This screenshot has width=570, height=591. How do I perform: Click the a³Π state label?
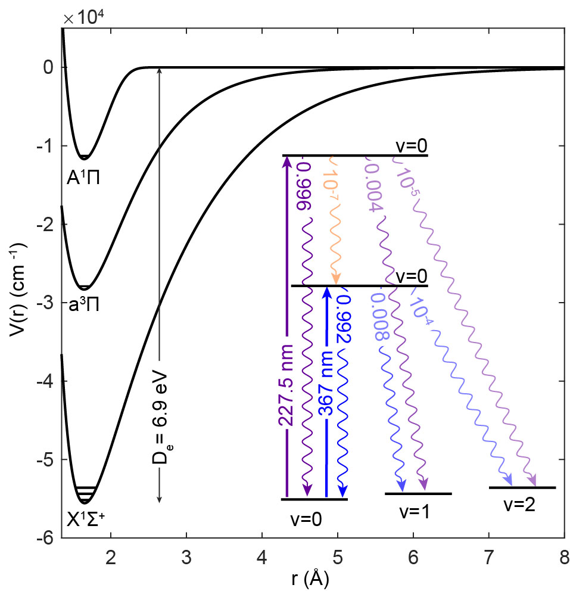pos(83,306)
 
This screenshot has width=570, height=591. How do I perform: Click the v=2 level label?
pos(519,505)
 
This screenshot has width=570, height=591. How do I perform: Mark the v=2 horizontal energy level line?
pos(522,487)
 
